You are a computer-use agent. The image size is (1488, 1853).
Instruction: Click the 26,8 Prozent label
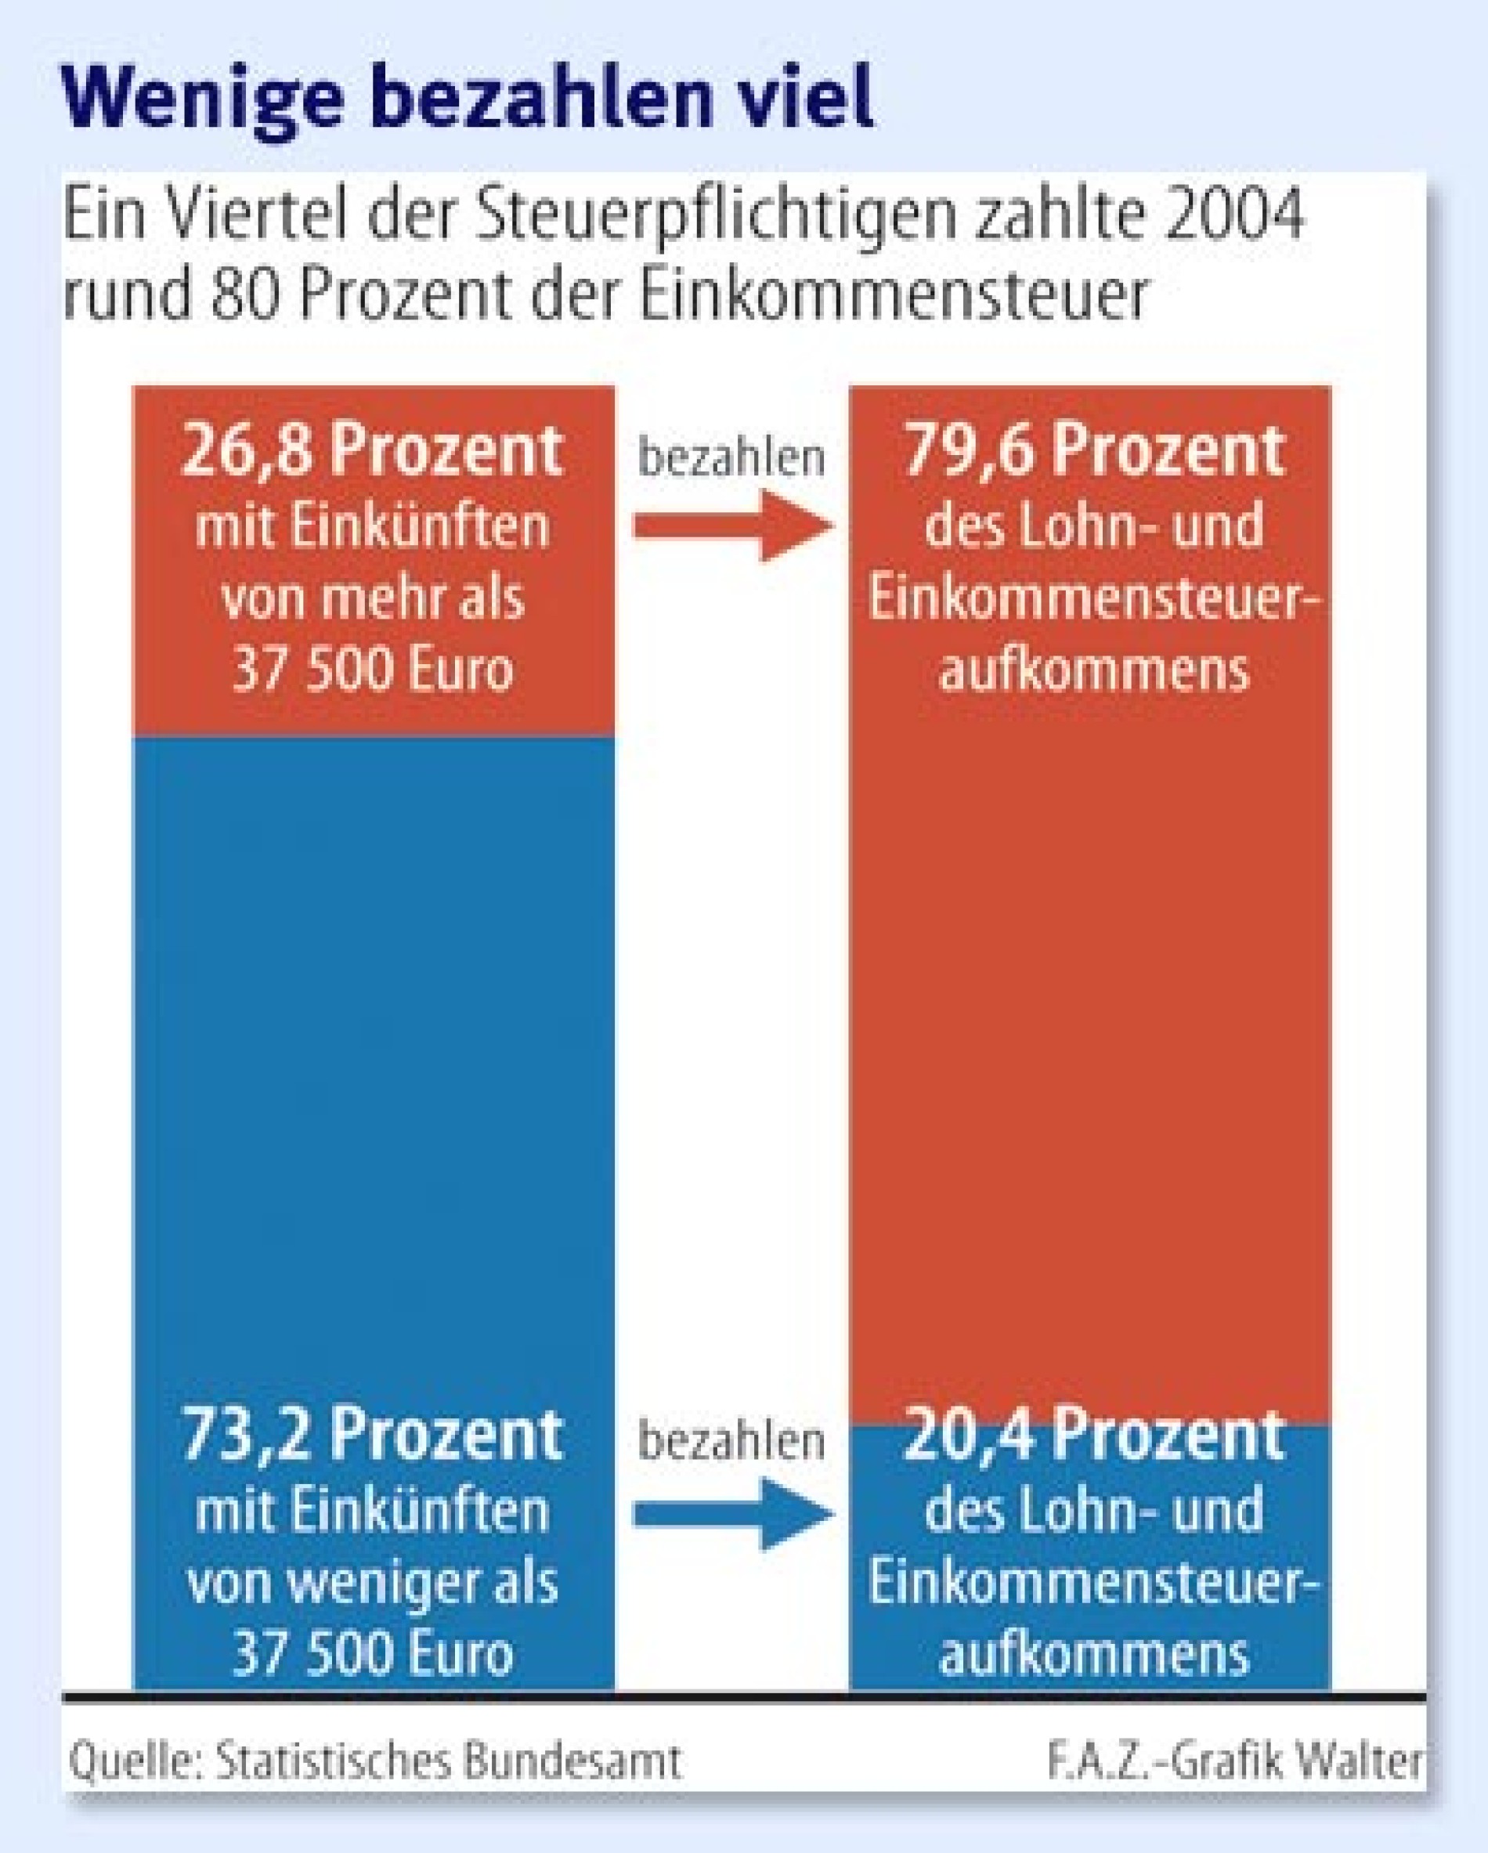[x=372, y=450]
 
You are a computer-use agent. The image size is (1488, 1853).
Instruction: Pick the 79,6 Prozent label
[x=1093, y=450]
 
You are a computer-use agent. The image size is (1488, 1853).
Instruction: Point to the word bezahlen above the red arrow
[x=731, y=457]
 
